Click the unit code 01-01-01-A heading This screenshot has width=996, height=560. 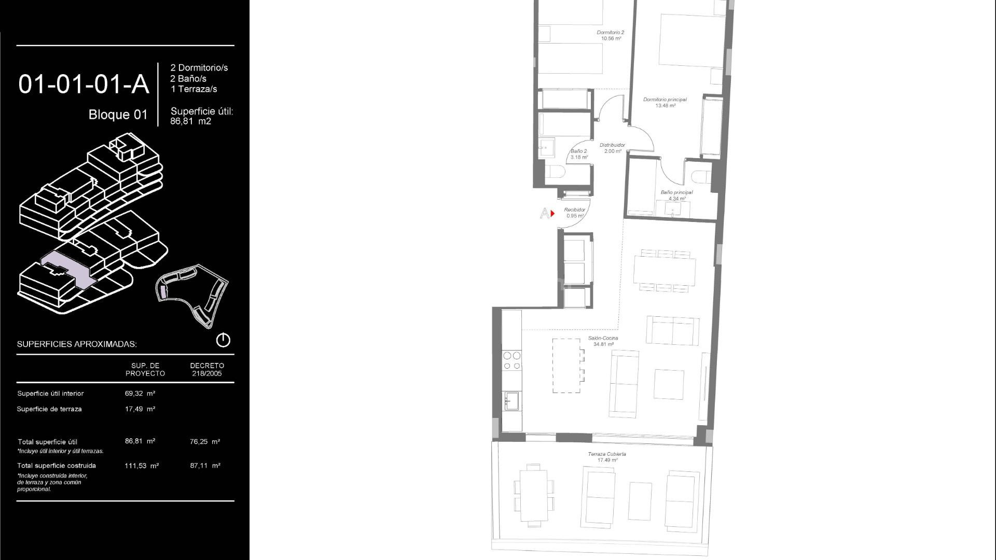click(84, 84)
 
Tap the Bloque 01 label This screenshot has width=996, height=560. click(118, 115)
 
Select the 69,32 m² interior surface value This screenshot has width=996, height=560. click(140, 394)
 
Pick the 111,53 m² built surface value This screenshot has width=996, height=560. click(141, 466)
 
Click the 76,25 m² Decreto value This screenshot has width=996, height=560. click(205, 442)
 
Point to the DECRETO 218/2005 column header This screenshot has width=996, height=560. click(207, 369)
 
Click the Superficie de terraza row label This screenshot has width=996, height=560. click(49, 409)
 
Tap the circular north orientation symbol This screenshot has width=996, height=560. click(223, 340)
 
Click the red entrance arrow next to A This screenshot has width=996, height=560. click(553, 213)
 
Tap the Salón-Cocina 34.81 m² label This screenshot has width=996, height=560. click(603, 341)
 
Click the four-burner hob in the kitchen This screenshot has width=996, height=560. click(512, 360)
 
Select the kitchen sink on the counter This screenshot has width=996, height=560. click(512, 401)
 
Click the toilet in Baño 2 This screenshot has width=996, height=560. click(553, 173)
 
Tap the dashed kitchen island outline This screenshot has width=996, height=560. click(566, 365)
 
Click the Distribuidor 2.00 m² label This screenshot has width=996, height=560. click(613, 148)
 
